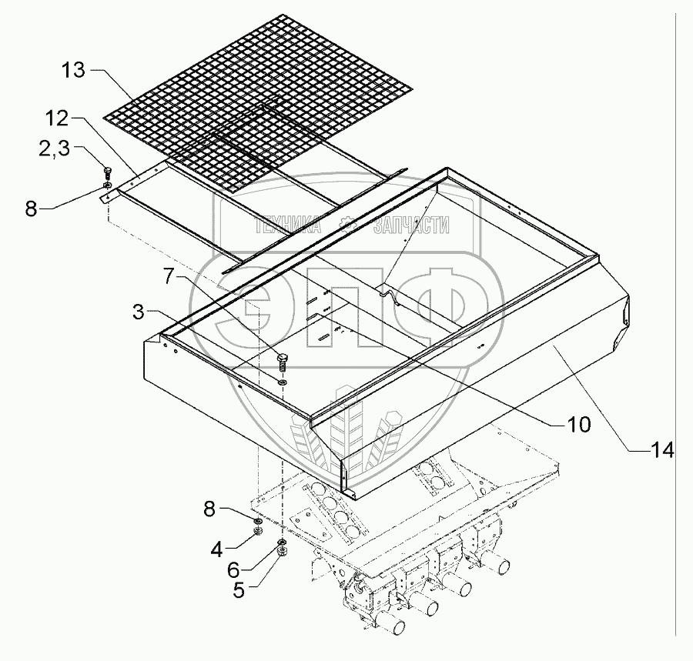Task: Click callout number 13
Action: (75, 72)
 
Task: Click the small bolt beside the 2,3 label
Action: (108, 173)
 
